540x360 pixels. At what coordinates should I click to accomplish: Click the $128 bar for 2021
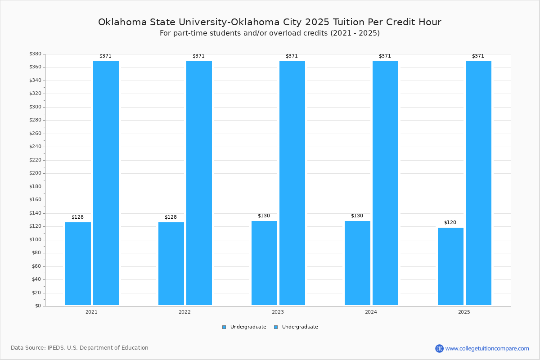pos(78,264)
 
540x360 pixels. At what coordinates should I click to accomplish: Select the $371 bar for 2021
pos(106,183)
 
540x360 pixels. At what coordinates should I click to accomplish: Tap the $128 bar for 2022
pos(171,264)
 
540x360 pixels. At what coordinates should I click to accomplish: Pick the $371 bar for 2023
pos(292,183)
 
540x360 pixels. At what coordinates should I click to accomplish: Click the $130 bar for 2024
pos(357,263)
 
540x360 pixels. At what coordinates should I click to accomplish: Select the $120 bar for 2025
pos(450,266)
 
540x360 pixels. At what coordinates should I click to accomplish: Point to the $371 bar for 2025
pos(478,183)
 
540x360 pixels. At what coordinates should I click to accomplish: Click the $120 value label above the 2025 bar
pos(450,223)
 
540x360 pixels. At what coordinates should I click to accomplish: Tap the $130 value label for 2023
pos(264,216)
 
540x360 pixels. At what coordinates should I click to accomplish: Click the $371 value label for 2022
pos(198,56)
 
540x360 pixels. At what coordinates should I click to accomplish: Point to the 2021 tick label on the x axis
pos(91,312)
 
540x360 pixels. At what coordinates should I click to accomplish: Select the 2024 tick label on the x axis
pos(371,312)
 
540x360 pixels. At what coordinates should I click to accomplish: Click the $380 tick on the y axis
pos(35,54)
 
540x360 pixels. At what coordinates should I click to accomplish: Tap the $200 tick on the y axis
pos(35,173)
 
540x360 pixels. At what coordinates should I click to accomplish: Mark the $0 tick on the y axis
pos(38,306)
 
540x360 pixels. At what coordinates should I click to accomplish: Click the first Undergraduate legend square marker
pos(224,327)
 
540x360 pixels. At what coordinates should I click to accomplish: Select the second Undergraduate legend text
pos(300,327)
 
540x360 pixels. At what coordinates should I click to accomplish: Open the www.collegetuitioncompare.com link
pos(487,348)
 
